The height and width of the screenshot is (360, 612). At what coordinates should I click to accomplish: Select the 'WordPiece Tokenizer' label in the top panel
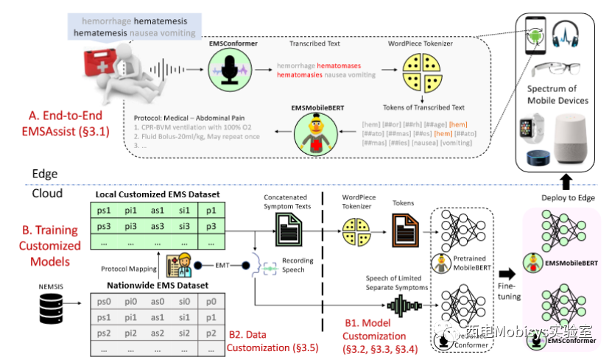(421, 43)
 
